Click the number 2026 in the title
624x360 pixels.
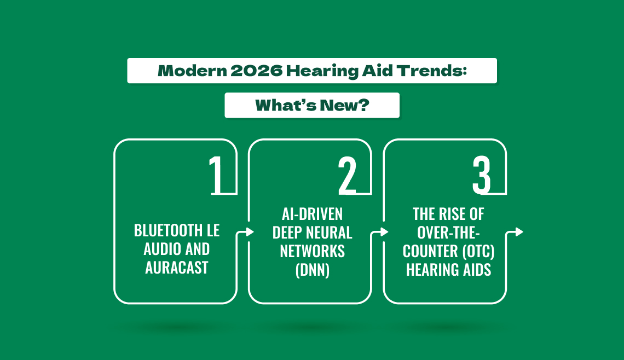[x=256, y=71]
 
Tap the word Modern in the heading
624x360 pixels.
[x=192, y=71]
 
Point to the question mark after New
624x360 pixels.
[x=363, y=106]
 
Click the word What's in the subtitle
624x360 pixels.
[x=285, y=106]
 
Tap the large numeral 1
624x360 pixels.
[x=216, y=175]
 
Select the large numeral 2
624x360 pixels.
[x=347, y=175]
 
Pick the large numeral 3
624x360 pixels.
[x=482, y=175]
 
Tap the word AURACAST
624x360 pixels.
[x=177, y=268]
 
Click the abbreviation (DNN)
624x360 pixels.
[x=313, y=270]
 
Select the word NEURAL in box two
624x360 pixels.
[x=332, y=233]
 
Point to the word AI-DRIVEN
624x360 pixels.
[x=313, y=214]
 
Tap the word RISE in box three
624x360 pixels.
[x=453, y=214]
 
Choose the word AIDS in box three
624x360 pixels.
[x=476, y=270]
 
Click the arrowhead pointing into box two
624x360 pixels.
[x=250, y=231]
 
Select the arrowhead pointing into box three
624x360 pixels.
[x=384, y=231]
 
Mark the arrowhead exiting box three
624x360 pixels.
[x=519, y=231]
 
